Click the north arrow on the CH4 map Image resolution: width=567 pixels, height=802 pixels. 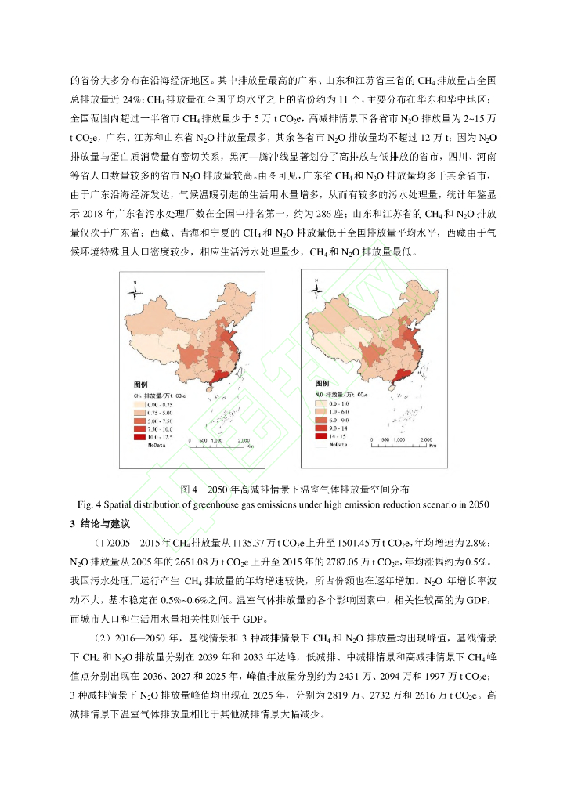tap(136, 292)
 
